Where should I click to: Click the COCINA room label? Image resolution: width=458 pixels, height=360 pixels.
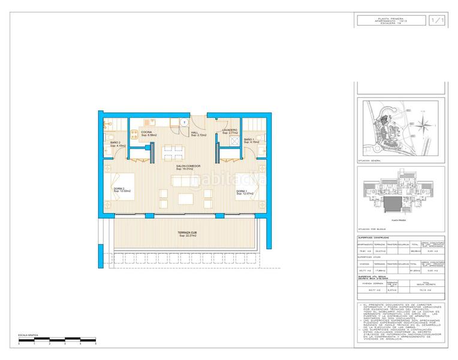tap(147, 132)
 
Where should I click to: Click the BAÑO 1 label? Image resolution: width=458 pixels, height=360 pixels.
tap(249, 140)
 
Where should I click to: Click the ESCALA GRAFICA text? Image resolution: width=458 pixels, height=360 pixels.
tap(28, 334)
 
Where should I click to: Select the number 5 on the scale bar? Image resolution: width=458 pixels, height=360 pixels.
tap(95, 344)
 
